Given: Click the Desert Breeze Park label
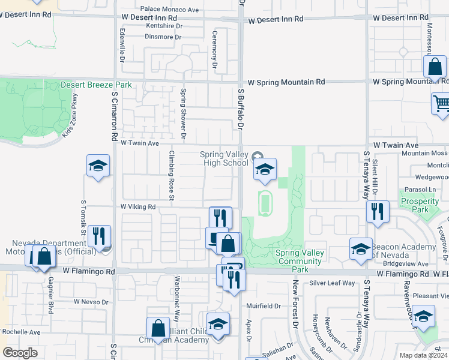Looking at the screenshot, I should point(96,85).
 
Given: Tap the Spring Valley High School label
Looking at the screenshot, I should point(224,158).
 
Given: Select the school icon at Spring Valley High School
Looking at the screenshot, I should point(264,170).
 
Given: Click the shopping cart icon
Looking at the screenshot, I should point(441,103).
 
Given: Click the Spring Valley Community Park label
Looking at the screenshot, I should point(300,257).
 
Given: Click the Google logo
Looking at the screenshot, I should point(20,353).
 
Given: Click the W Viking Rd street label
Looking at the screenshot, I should point(138,206).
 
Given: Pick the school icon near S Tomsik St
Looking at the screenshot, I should point(98,166).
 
